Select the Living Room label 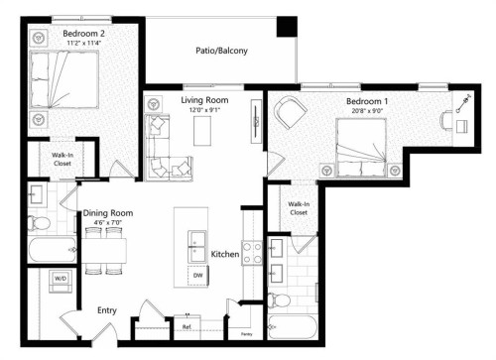[x=205, y=100]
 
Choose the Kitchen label [x=226, y=255]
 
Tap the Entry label [x=107, y=310]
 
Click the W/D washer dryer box [x=60, y=279]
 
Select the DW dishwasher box [x=197, y=275]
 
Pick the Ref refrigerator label [x=186, y=325]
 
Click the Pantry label [x=244, y=334]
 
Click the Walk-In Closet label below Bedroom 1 [x=298, y=208]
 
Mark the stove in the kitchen [x=252, y=256]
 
